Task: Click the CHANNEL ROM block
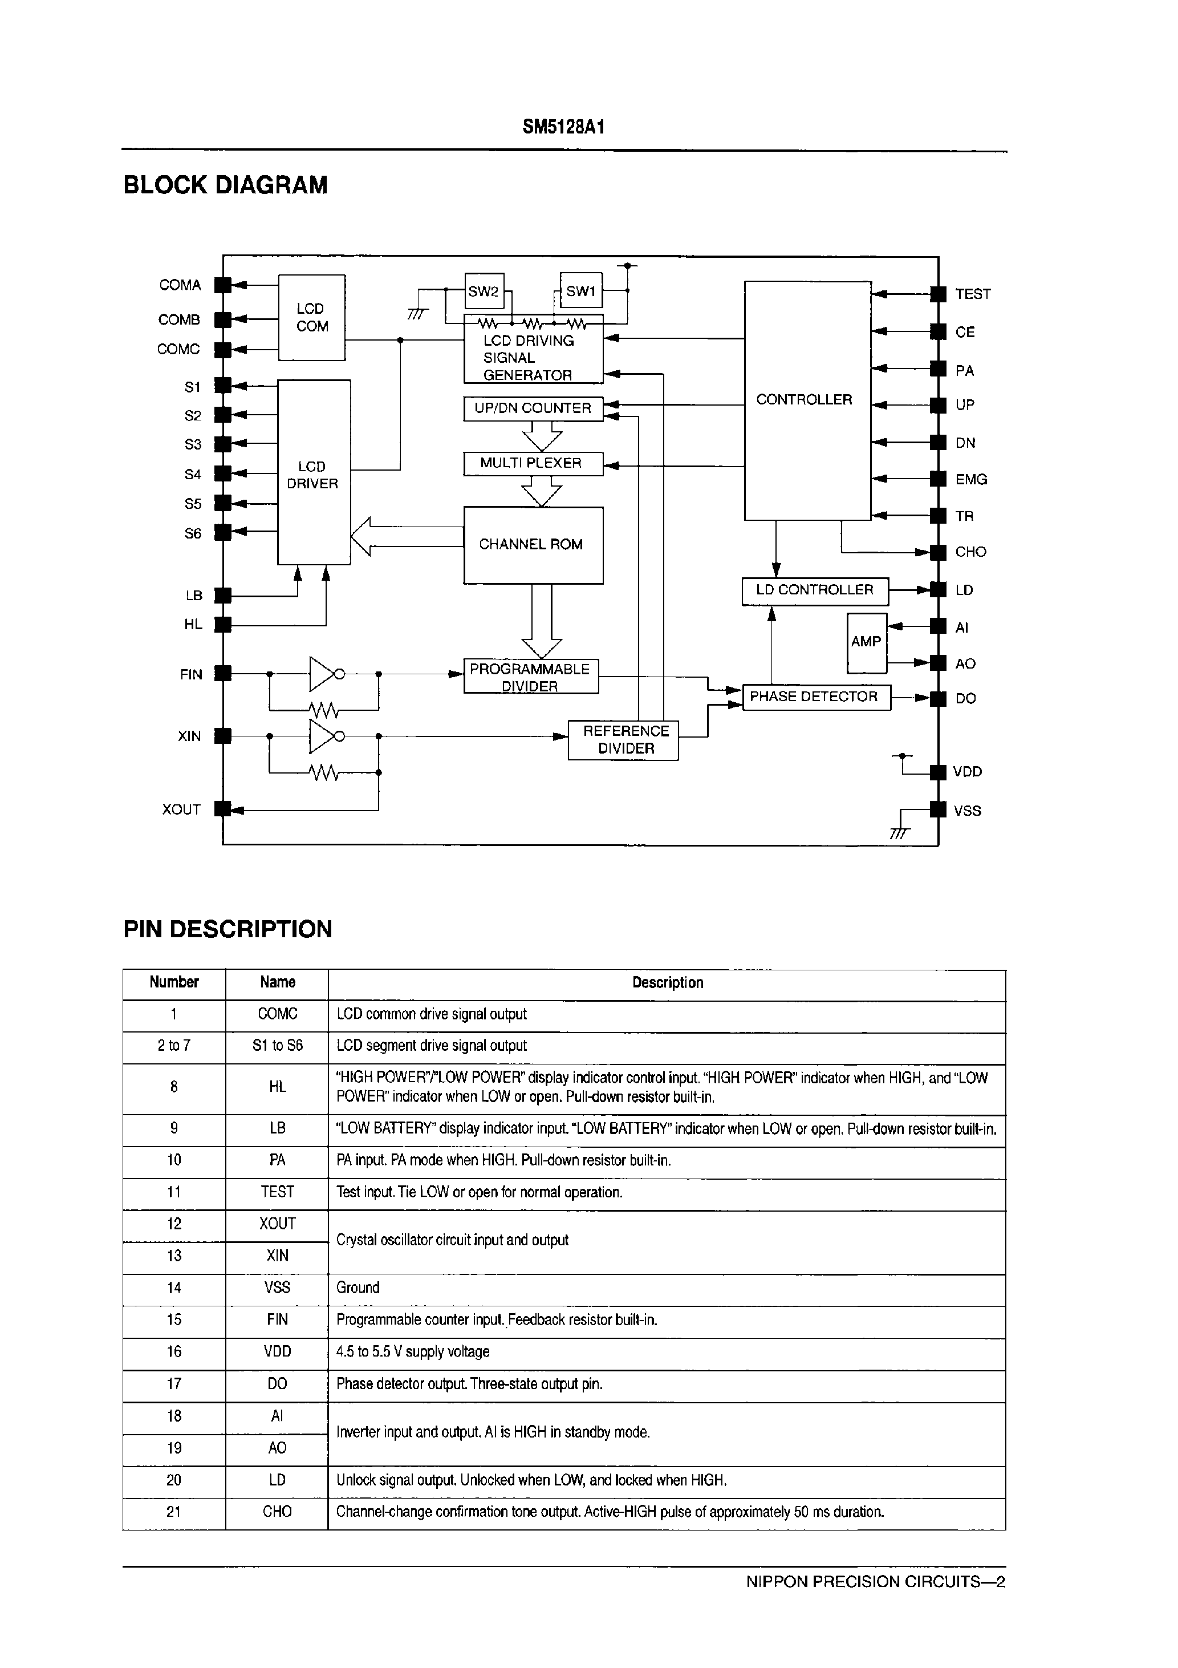pos(533,545)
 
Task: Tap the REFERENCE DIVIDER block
pos(623,739)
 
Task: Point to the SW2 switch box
pos(483,292)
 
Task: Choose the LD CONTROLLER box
pos(814,590)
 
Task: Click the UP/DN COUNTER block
pos(533,408)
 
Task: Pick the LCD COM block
pos(311,318)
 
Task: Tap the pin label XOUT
pos(181,809)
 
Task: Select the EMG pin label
pos(970,480)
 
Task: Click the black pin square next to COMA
pos(223,285)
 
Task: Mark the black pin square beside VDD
pos(939,771)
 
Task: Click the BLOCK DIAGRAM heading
pos(225,185)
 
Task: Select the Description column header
pos(667,983)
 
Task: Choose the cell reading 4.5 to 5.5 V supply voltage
pos(412,1351)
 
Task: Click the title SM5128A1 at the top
pos(563,128)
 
